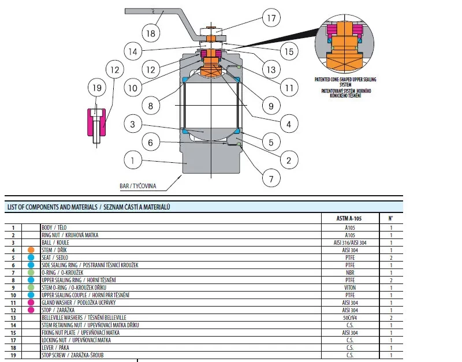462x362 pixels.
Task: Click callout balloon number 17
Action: pyautogui.click(x=271, y=18)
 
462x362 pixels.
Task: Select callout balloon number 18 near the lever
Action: pyautogui.click(x=151, y=33)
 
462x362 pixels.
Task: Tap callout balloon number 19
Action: pyautogui.click(x=97, y=88)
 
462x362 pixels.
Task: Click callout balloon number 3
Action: pyautogui.click(x=133, y=125)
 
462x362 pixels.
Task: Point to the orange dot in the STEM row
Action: pyautogui.click(x=31, y=250)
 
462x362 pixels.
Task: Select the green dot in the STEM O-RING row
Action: pyautogui.click(x=31, y=287)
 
